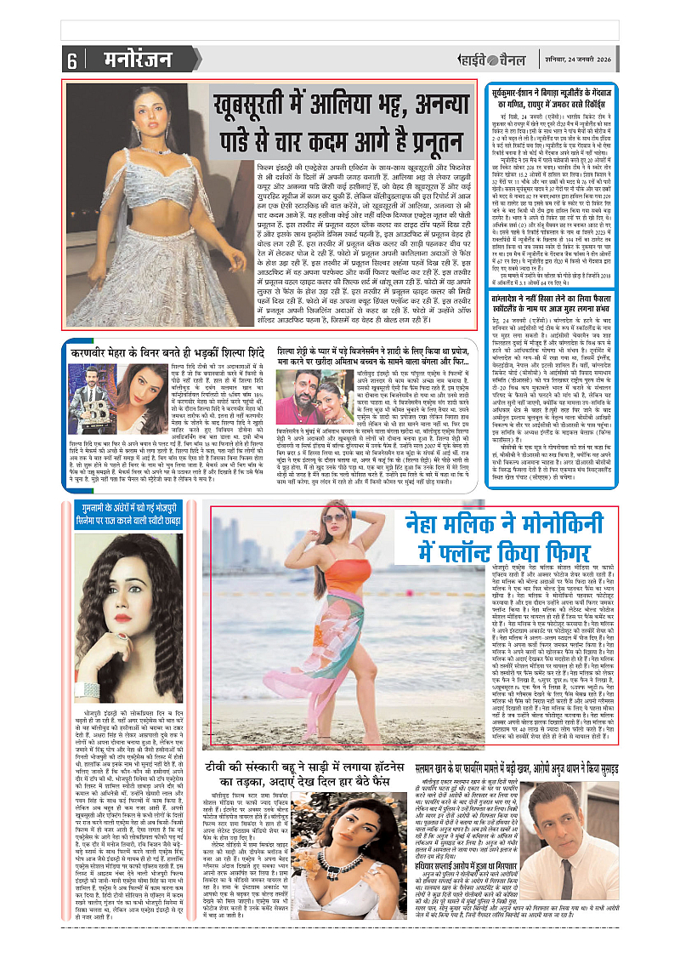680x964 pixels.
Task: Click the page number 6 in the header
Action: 71,60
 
